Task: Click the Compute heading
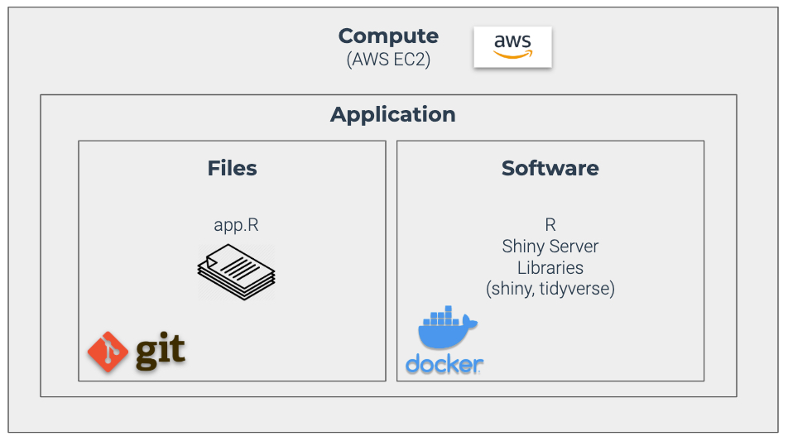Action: click(x=388, y=36)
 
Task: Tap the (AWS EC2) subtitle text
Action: click(x=388, y=60)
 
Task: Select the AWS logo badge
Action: click(x=512, y=46)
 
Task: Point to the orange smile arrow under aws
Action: click(x=512, y=55)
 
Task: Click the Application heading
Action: click(x=392, y=114)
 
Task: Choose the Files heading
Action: click(x=232, y=168)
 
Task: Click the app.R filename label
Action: click(x=236, y=225)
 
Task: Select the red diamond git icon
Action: click(x=107, y=351)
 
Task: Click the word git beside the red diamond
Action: click(x=160, y=351)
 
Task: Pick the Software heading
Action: click(x=550, y=168)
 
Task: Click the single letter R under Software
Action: click(x=550, y=225)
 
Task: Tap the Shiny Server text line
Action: click(x=550, y=247)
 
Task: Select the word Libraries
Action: click(x=550, y=268)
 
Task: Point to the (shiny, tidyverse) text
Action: click(x=550, y=290)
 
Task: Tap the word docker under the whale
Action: click(x=444, y=365)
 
